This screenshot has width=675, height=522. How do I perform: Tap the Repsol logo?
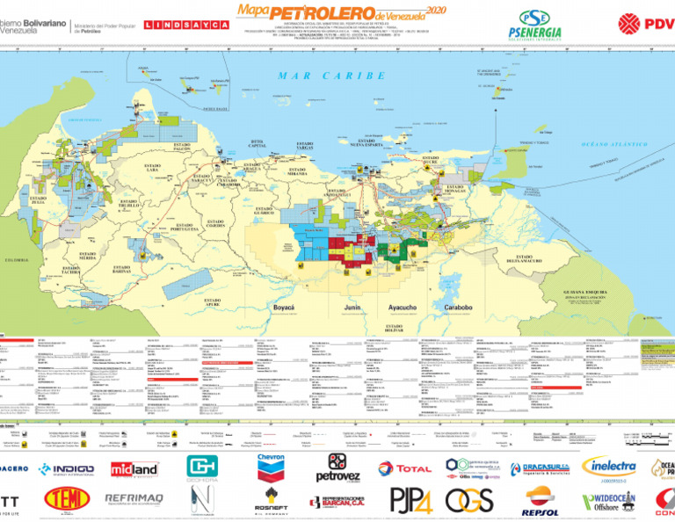coord(540,500)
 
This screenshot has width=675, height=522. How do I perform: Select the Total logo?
coord(405,468)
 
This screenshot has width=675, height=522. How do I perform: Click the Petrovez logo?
coord(337,468)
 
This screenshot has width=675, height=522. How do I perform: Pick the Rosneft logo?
coord(271,502)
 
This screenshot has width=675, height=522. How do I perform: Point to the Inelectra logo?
coord(608,467)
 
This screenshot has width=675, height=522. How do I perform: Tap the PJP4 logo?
coord(410,499)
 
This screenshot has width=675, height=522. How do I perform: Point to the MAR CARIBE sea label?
coord(331,76)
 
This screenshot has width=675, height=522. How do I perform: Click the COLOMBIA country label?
coord(15,260)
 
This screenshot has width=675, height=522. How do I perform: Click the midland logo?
coord(134,468)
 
